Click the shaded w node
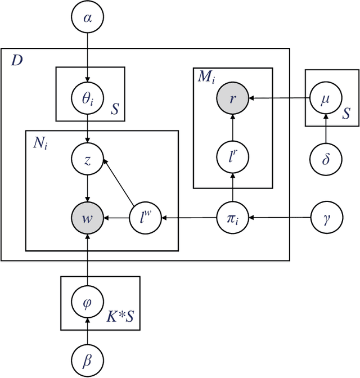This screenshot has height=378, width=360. pos(86,217)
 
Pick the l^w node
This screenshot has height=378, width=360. pos(146,217)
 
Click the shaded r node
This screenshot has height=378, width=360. pos(233,98)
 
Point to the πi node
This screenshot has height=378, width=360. pos(233,217)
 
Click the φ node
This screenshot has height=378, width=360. pos(86,303)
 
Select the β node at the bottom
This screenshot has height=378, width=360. pos(86,359)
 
